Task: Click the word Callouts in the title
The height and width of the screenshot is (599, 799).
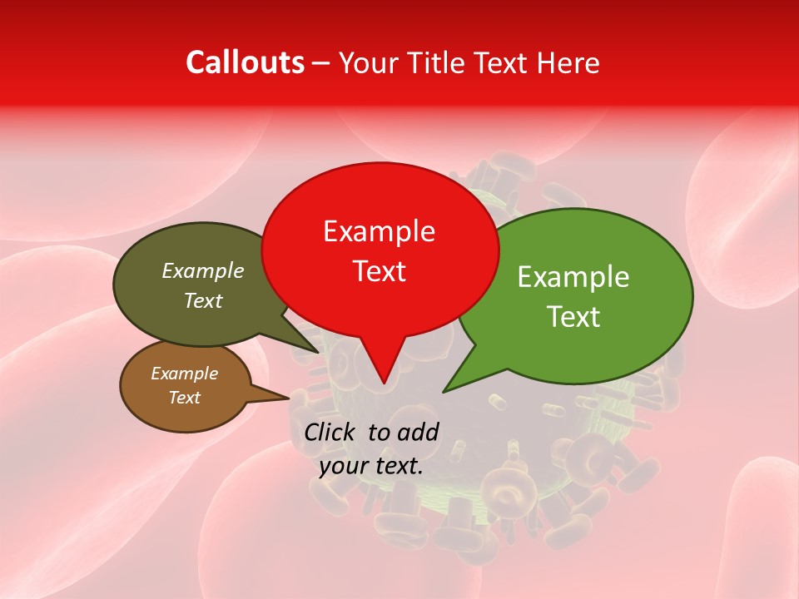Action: pyautogui.click(x=245, y=62)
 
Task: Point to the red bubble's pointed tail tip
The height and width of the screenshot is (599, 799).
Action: pyautogui.click(x=384, y=383)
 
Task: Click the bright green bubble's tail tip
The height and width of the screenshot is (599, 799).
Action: pyautogui.click(x=444, y=390)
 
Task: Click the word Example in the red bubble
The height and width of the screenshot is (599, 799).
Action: pyautogui.click(x=379, y=230)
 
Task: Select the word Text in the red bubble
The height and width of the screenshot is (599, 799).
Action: pyautogui.click(x=380, y=271)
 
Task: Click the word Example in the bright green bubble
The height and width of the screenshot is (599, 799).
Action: pyautogui.click(x=573, y=277)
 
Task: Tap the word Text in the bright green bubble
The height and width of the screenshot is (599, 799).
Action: pyautogui.click(x=574, y=317)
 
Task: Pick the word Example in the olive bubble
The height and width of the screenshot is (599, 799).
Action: pyautogui.click(x=202, y=270)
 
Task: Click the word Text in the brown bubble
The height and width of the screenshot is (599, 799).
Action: pyautogui.click(x=184, y=398)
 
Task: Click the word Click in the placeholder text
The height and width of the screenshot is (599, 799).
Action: pyautogui.click(x=332, y=432)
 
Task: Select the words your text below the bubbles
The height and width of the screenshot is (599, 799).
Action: pyautogui.click(x=370, y=466)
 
